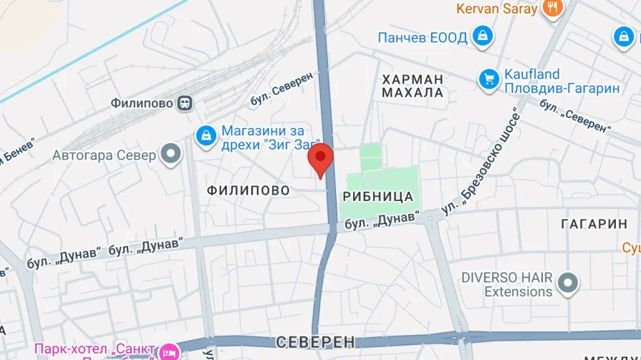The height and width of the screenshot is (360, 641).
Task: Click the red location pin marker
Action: pyautogui.click(x=320, y=158)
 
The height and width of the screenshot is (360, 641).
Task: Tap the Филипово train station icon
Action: pyautogui.click(x=185, y=103)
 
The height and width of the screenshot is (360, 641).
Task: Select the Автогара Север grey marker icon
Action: pyautogui.click(x=170, y=155)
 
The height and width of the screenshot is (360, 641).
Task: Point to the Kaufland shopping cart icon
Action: pyautogui.click(x=489, y=79)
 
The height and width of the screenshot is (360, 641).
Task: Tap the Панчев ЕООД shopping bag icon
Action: pyautogui.click(x=483, y=37)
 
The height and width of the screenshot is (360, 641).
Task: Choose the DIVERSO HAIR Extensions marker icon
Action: pyautogui.click(x=568, y=283)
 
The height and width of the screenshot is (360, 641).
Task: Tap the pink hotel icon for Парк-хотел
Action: pyautogui.click(x=168, y=351)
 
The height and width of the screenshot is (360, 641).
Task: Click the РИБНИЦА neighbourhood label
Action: pyautogui.click(x=378, y=196)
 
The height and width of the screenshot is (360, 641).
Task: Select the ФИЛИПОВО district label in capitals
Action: pyautogui.click(x=248, y=190)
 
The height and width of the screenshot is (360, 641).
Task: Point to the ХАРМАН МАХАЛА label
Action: pyautogui.click(x=413, y=86)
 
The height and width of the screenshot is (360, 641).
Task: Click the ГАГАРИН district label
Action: pyautogui.click(x=594, y=224)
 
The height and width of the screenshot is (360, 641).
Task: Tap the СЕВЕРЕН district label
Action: pyautogui.click(x=315, y=341)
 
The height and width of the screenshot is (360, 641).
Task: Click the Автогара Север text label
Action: pyautogui.click(x=104, y=155)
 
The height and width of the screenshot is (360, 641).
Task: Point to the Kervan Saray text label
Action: pyautogui.click(x=496, y=9)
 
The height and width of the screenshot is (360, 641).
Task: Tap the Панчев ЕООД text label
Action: pyautogui.click(x=423, y=37)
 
